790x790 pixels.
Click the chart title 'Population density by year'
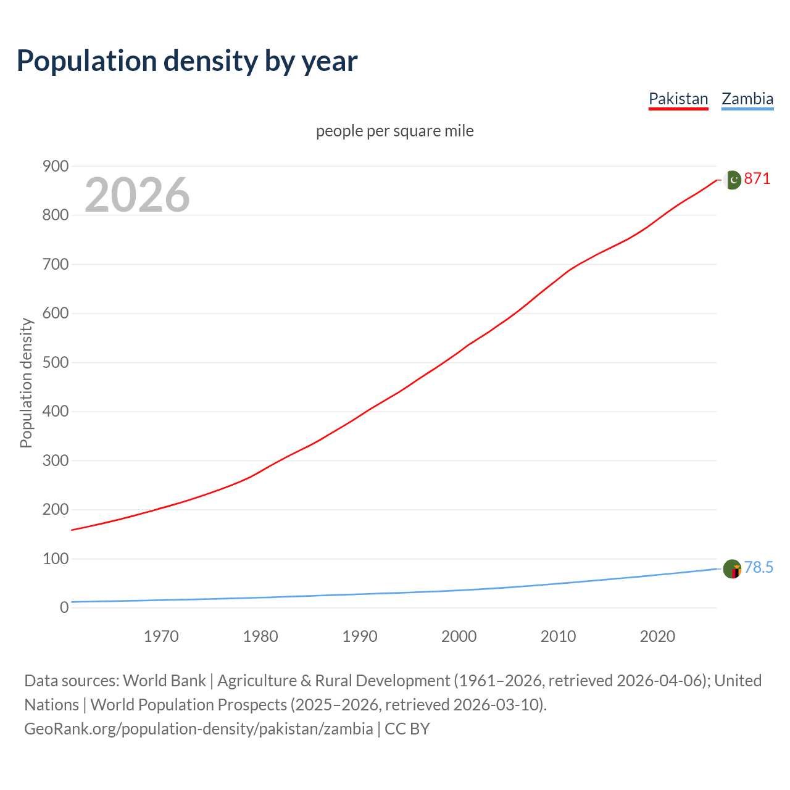click(x=187, y=61)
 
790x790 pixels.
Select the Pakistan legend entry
click(x=678, y=99)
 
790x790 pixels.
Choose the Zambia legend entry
click(x=747, y=99)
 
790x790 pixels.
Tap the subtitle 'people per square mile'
click(x=395, y=131)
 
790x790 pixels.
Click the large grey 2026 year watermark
click(x=137, y=195)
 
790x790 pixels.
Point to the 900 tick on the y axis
click(x=56, y=166)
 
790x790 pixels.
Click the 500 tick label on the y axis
click(x=56, y=362)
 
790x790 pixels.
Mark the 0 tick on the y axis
click(x=64, y=608)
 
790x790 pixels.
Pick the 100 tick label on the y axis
click(x=56, y=559)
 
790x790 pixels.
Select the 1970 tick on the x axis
click(x=161, y=636)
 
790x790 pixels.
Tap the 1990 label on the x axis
click(x=360, y=636)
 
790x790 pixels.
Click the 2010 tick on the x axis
click(x=559, y=636)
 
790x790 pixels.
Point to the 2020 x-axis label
click(x=657, y=636)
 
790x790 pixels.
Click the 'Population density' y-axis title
click(x=26, y=383)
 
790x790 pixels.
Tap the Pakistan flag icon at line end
click(x=732, y=180)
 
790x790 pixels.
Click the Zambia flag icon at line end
click(x=732, y=568)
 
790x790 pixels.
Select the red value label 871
click(x=757, y=179)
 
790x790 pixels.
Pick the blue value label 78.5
click(x=759, y=568)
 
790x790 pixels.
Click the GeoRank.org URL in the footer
click(x=198, y=729)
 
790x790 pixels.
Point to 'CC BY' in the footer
click(x=407, y=729)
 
